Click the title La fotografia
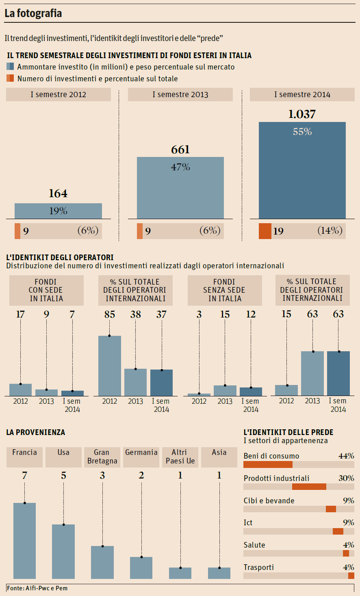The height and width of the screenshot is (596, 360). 33,13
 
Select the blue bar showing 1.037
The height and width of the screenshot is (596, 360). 302,171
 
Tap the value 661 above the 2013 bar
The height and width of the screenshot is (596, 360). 180,150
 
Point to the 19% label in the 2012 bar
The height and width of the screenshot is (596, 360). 58,211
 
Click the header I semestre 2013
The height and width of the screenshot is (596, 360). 180,95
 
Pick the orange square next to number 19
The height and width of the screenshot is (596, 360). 265,231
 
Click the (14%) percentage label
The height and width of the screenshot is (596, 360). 330,231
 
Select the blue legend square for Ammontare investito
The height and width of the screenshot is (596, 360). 10,67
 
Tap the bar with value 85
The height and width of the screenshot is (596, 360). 110,365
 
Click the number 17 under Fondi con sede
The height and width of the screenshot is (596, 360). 20,314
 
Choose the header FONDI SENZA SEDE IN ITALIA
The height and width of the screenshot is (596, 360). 225,290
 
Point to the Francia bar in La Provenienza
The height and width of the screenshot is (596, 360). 25,540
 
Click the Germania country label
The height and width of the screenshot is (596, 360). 141,452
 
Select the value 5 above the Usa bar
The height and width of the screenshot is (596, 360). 63,476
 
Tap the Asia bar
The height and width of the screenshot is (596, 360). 219,573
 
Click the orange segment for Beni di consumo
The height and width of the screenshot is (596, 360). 268,464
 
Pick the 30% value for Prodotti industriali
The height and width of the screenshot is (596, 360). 346,478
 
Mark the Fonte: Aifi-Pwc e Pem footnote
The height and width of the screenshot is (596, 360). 37,588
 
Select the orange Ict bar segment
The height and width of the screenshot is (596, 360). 338,531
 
